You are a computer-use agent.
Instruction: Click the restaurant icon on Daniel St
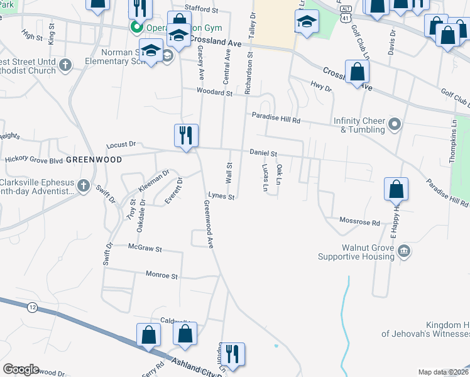click(186, 136)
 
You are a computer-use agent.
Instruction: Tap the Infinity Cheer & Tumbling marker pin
click(394, 124)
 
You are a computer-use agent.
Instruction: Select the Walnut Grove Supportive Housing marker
click(404, 251)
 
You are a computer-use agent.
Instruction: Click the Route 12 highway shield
click(31, 307)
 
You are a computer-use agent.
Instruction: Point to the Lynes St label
click(221, 197)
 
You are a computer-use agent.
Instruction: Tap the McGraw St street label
click(145, 249)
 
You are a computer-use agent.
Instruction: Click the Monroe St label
click(162, 276)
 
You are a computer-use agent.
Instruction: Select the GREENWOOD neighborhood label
click(94, 160)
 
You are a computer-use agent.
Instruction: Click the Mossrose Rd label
click(359, 222)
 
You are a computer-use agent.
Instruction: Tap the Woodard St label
click(214, 92)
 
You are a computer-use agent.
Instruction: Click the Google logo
click(20, 369)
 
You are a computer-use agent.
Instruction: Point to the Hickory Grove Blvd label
click(34, 160)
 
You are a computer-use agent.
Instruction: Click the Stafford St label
click(200, 11)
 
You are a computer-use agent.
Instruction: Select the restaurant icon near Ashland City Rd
click(232, 354)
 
